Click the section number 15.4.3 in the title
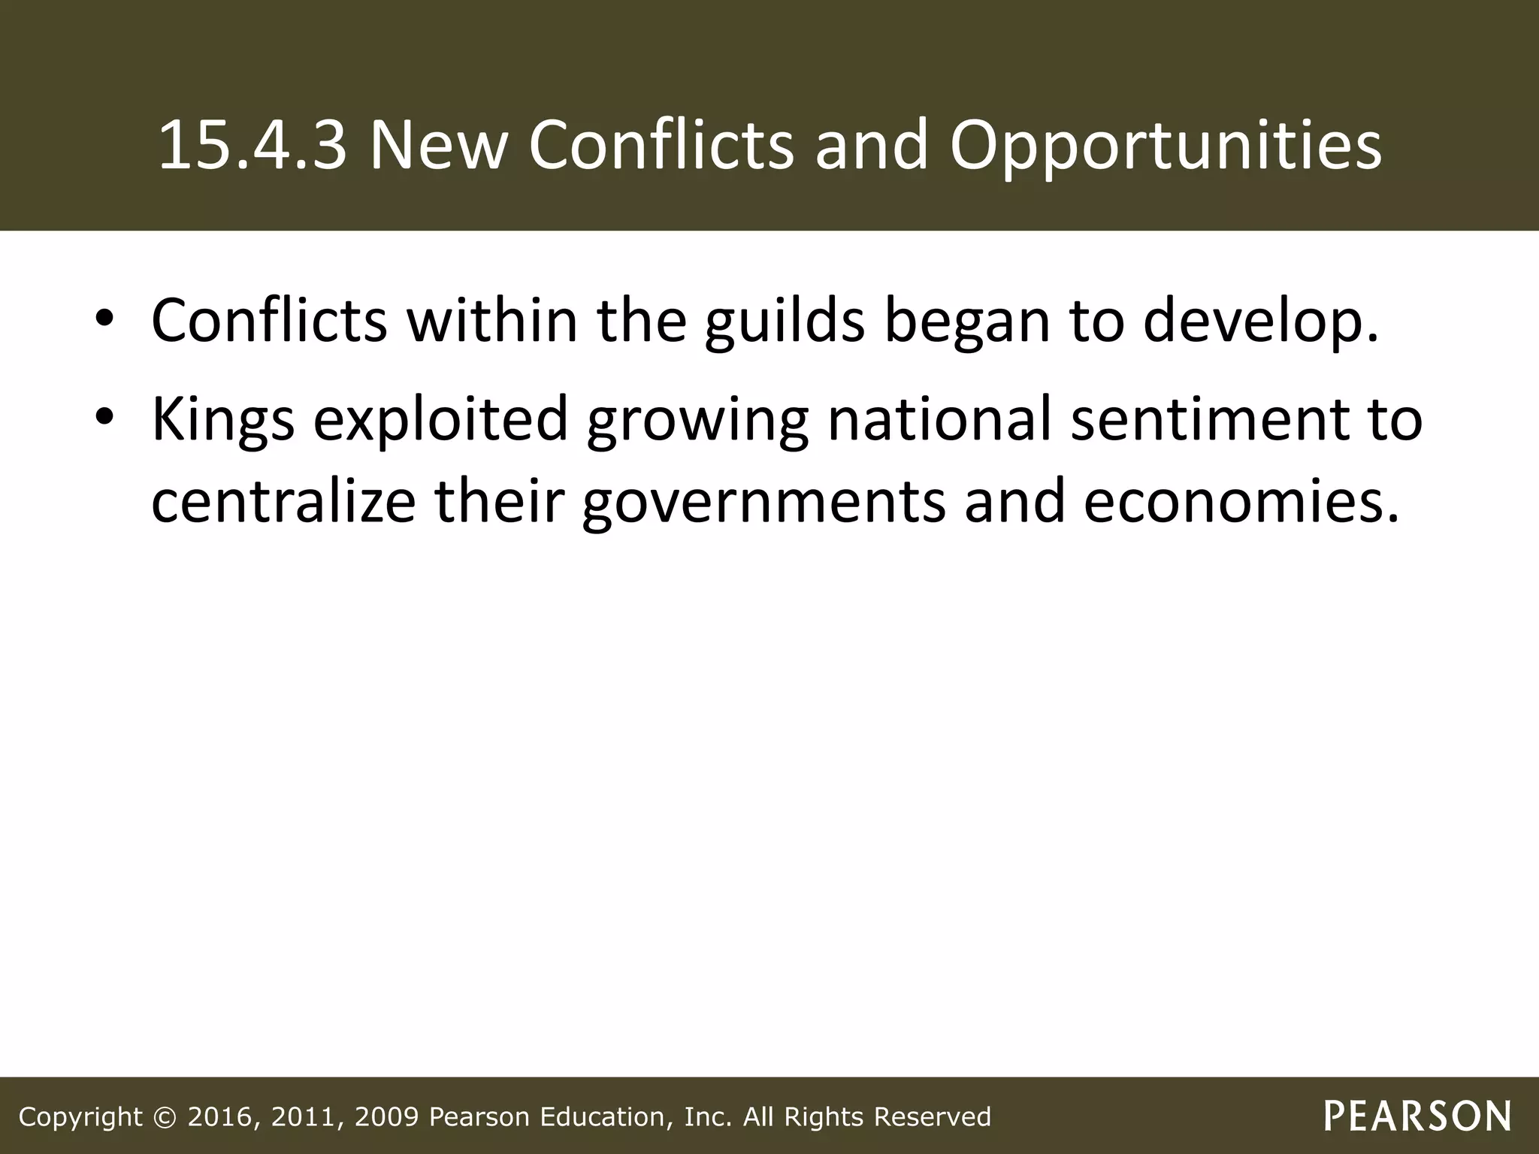(252, 145)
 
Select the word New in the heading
(437, 145)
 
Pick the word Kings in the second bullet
(223, 418)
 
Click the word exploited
(440, 418)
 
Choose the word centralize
(283, 501)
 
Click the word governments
(763, 501)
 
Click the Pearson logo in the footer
(1417, 1116)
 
